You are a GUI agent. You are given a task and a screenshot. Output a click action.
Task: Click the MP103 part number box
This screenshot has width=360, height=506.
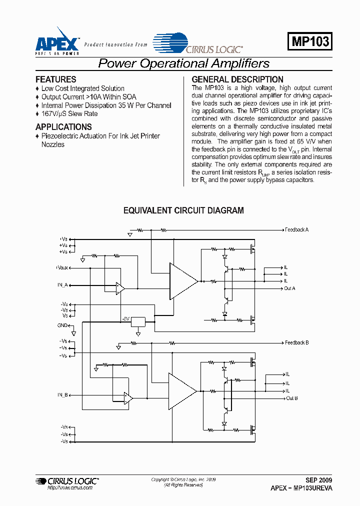[x=310, y=41]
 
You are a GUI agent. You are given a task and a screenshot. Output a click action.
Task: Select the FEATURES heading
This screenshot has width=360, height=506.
[x=56, y=79]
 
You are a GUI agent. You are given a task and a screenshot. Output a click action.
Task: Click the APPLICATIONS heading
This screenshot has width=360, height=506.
[x=63, y=127]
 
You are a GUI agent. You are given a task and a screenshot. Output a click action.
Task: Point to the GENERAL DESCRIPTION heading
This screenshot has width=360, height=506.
[x=237, y=79]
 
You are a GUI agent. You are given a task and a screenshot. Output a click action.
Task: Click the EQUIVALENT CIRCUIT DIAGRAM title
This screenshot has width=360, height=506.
[x=183, y=210]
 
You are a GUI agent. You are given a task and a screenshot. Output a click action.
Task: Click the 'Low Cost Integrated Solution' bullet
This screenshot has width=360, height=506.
[x=82, y=88]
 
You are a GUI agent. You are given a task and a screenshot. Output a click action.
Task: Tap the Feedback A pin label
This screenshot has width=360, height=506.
[x=296, y=230]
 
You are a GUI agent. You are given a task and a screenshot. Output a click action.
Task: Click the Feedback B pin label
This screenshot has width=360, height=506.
[x=296, y=343]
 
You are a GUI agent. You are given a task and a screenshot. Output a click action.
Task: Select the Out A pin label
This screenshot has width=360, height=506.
[x=290, y=288]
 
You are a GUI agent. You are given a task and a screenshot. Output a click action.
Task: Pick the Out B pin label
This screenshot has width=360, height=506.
[x=291, y=398]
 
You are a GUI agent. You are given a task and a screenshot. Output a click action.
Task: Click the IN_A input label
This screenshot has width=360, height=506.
[x=62, y=285]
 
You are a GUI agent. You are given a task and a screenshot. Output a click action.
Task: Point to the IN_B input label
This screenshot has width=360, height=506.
[x=62, y=395]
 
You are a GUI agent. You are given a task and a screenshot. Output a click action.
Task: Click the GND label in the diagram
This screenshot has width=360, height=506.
[x=62, y=325]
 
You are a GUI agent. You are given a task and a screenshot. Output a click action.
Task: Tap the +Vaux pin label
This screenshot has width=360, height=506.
[x=62, y=267]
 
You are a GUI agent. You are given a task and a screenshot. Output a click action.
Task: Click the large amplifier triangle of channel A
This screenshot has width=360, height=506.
[x=182, y=281]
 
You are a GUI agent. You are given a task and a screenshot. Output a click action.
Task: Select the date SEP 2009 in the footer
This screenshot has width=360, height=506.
[x=318, y=479]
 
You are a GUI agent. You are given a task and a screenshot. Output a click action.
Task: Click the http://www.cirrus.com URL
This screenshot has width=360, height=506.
[x=69, y=487]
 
